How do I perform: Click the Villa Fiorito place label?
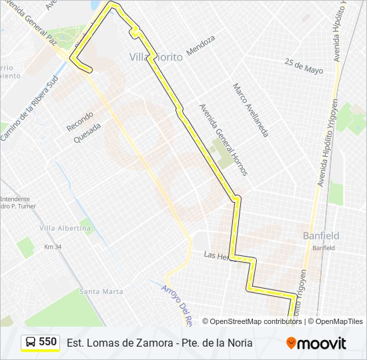(x=156, y=57)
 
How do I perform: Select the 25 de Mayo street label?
(x=304, y=66)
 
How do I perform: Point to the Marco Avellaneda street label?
(x=250, y=110)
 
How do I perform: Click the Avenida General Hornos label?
(x=224, y=139)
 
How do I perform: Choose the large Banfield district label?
(x=321, y=235)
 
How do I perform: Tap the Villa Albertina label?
(x=65, y=229)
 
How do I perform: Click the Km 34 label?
(x=53, y=247)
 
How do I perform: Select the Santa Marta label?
(x=101, y=291)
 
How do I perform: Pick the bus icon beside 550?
(x=31, y=342)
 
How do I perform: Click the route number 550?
(x=48, y=341)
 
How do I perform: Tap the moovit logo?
(x=316, y=343)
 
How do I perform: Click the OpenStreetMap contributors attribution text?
(x=252, y=321)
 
